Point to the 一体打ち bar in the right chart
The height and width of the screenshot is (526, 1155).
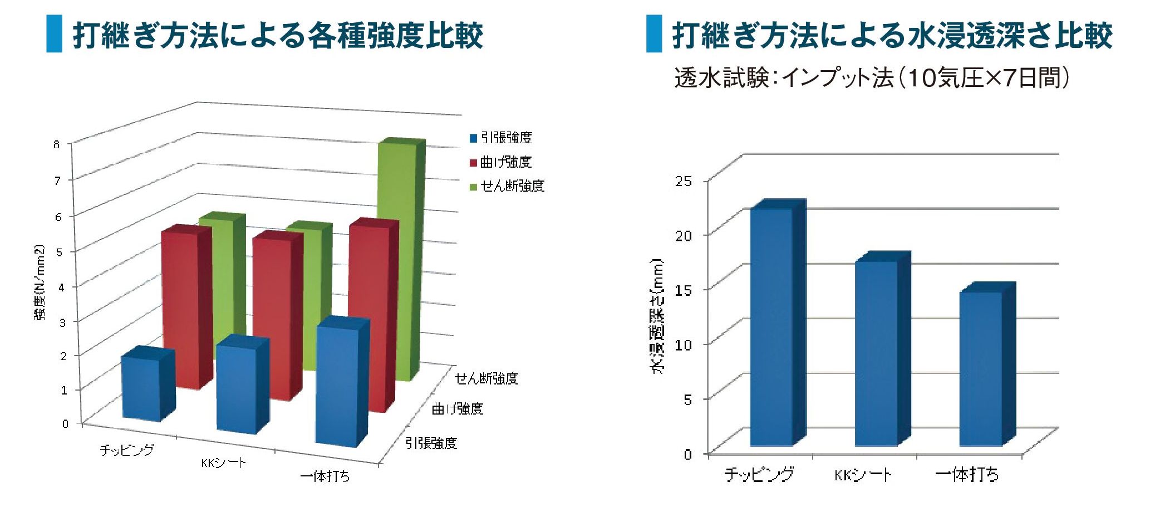pyautogui.click(x=981, y=368)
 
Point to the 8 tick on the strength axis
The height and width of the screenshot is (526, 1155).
pyautogui.click(x=56, y=144)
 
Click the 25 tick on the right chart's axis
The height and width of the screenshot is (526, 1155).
pyautogui.click(x=684, y=181)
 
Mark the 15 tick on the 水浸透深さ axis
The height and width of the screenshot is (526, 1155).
pyautogui.click(x=684, y=290)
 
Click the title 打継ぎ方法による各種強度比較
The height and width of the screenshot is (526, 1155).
pyautogui.click(x=278, y=35)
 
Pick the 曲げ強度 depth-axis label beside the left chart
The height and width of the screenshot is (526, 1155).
pyautogui.click(x=458, y=409)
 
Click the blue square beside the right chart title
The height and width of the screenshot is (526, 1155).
pyautogui.click(x=654, y=34)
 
